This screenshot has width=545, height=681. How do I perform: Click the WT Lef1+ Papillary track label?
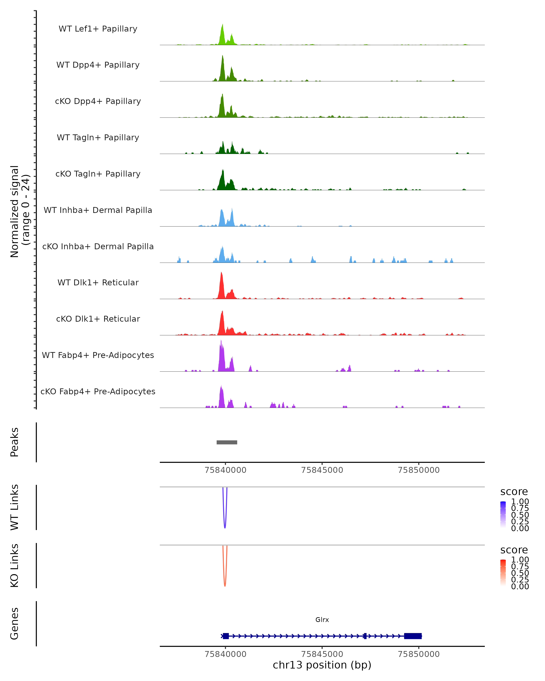click(98, 29)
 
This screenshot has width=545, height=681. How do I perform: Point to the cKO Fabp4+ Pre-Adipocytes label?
click(98, 391)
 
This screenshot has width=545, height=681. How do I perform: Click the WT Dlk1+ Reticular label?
click(98, 282)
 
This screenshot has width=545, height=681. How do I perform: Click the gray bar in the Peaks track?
click(227, 442)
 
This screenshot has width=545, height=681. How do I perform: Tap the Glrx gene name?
click(322, 620)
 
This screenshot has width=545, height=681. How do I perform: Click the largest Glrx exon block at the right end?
click(413, 636)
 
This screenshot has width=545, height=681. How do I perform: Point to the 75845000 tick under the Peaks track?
click(322, 470)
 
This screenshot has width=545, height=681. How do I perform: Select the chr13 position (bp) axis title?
click(322, 665)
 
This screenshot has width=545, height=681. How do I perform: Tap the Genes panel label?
click(14, 624)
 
